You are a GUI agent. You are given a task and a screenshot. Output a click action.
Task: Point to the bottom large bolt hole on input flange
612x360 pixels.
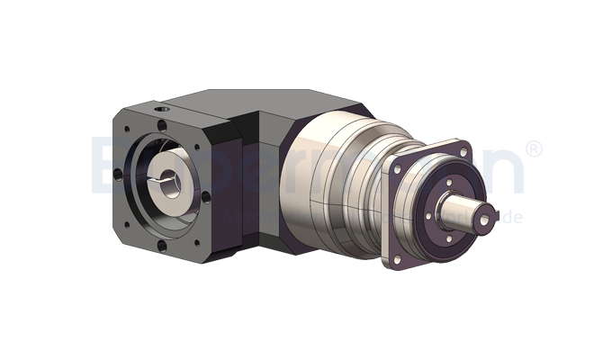163,242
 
